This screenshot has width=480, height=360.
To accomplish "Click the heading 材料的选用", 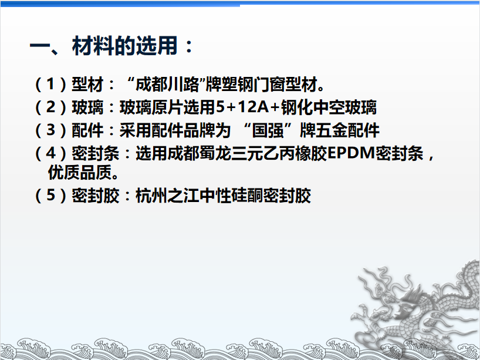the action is pyautogui.click(x=124, y=46).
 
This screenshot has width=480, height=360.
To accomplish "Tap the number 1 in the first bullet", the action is pyautogui.click(x=50, y=83).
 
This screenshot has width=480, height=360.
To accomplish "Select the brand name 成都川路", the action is pyautogui.click(x=167, y=84).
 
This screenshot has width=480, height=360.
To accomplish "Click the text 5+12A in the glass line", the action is pyautogui.click(x=243, y=107).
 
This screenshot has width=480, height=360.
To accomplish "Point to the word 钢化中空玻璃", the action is pyautogui.click(x=329, y=107).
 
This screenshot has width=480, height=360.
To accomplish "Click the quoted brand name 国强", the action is pyautogui.click(x=267, y=130).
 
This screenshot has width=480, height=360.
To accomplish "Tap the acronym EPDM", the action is pyautogui.click(x=351, y=153).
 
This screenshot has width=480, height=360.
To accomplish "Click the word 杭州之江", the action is pyautogui.click(x=167, y=196).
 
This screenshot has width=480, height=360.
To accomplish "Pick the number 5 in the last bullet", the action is pyautogui.click(x=50, y=195).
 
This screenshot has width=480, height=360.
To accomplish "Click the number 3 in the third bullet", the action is pyautogui.click(x=50, y=130).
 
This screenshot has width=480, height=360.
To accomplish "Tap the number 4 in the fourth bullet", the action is pyautogui.click(x=50, y=153).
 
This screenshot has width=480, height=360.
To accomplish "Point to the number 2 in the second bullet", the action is pyautogui.click(x=50, y=107).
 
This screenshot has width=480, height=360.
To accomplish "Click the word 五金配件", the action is pyautogui.click(x=348, y=130).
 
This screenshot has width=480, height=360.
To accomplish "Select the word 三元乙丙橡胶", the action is pyautogui.click(x=279, y=153).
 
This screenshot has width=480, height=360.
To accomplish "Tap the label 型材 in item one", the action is pyautogui.click(x=87, y=84).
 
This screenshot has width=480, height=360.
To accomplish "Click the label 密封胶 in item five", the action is pyautogui.click(x=96, y=196).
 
